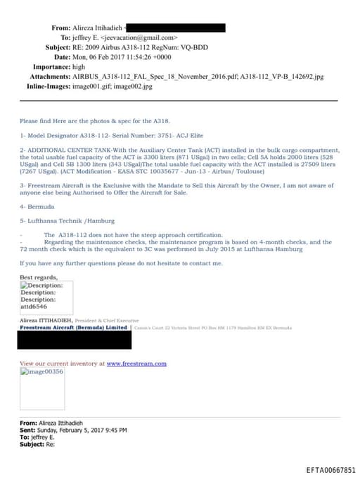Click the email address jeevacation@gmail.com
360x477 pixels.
(x=141, y=37)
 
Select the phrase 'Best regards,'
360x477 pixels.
(x=39, y=278)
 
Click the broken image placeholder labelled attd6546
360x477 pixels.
(x=43, y=296)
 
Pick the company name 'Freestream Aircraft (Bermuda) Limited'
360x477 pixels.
(x=74, y=328)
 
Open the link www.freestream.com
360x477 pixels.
(x=136, y=364)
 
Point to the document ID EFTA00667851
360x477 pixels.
(x=331, y=469)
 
